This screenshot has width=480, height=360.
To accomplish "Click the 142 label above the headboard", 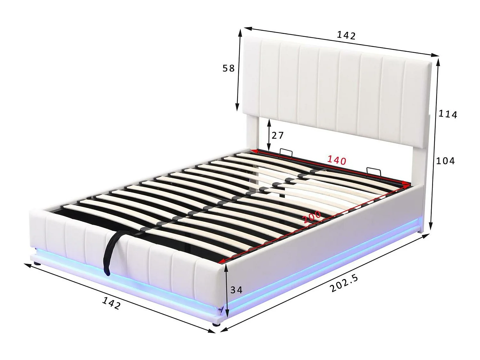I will coord(346,35).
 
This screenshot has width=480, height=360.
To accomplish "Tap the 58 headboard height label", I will coord(228,68).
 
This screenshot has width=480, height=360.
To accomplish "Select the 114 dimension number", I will coord(448,114).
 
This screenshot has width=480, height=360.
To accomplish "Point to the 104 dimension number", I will coord(445,161).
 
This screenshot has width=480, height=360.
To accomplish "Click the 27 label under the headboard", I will coord(277,135).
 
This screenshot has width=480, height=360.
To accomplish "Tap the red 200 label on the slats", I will coord(312,217).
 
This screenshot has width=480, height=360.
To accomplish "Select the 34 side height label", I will coord(236,290).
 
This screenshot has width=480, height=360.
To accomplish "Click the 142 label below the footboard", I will coord(111,303).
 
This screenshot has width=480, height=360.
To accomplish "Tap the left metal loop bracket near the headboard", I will coord(286,153).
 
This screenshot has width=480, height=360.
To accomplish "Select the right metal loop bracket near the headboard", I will coord(373,172).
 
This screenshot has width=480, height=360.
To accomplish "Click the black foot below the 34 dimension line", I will coord(218,324).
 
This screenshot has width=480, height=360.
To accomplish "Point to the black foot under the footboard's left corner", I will coord(38,264).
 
